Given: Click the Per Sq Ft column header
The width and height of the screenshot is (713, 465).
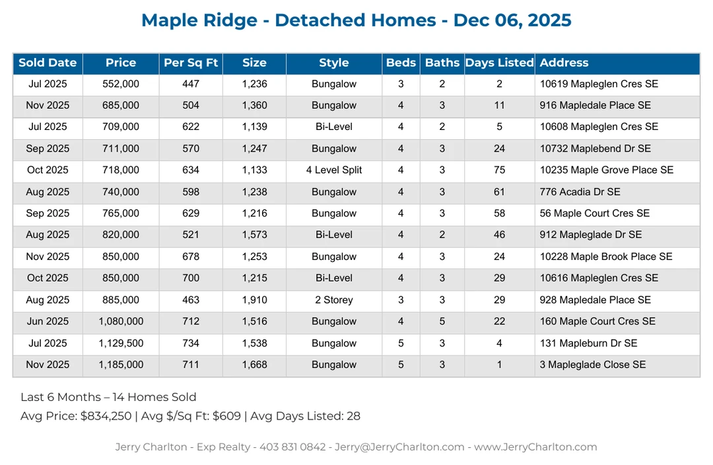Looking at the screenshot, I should [191, 63].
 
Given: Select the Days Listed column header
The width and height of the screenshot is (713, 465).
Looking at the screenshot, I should [499, 63].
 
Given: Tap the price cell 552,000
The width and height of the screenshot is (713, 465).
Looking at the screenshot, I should [121, 84].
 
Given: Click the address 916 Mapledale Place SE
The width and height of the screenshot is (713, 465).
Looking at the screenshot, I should [595, 106].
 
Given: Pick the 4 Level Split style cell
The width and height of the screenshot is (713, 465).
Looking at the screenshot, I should [334, 170].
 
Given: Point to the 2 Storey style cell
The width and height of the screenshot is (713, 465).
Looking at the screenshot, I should [334, 300].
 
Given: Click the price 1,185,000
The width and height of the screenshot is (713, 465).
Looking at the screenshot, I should [121, 365].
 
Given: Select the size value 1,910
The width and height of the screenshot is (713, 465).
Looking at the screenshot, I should [254, 300].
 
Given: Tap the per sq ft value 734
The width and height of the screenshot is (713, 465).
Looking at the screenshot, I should [191, 343].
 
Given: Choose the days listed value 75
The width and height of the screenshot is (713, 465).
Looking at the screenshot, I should [499, 170].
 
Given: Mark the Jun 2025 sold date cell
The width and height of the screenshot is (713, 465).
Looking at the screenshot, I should [48, 322].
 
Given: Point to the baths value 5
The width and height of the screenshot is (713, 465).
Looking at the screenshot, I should [442, 322].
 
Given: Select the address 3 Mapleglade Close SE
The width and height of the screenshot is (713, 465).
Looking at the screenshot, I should [593, 365].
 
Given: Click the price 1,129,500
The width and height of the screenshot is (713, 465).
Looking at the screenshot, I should [121, 343].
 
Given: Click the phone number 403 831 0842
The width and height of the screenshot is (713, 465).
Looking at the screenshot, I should [292, 447].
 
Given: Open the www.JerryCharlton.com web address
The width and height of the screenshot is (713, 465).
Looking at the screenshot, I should [535, 447].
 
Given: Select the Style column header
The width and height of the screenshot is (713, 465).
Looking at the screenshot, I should [334, 63].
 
